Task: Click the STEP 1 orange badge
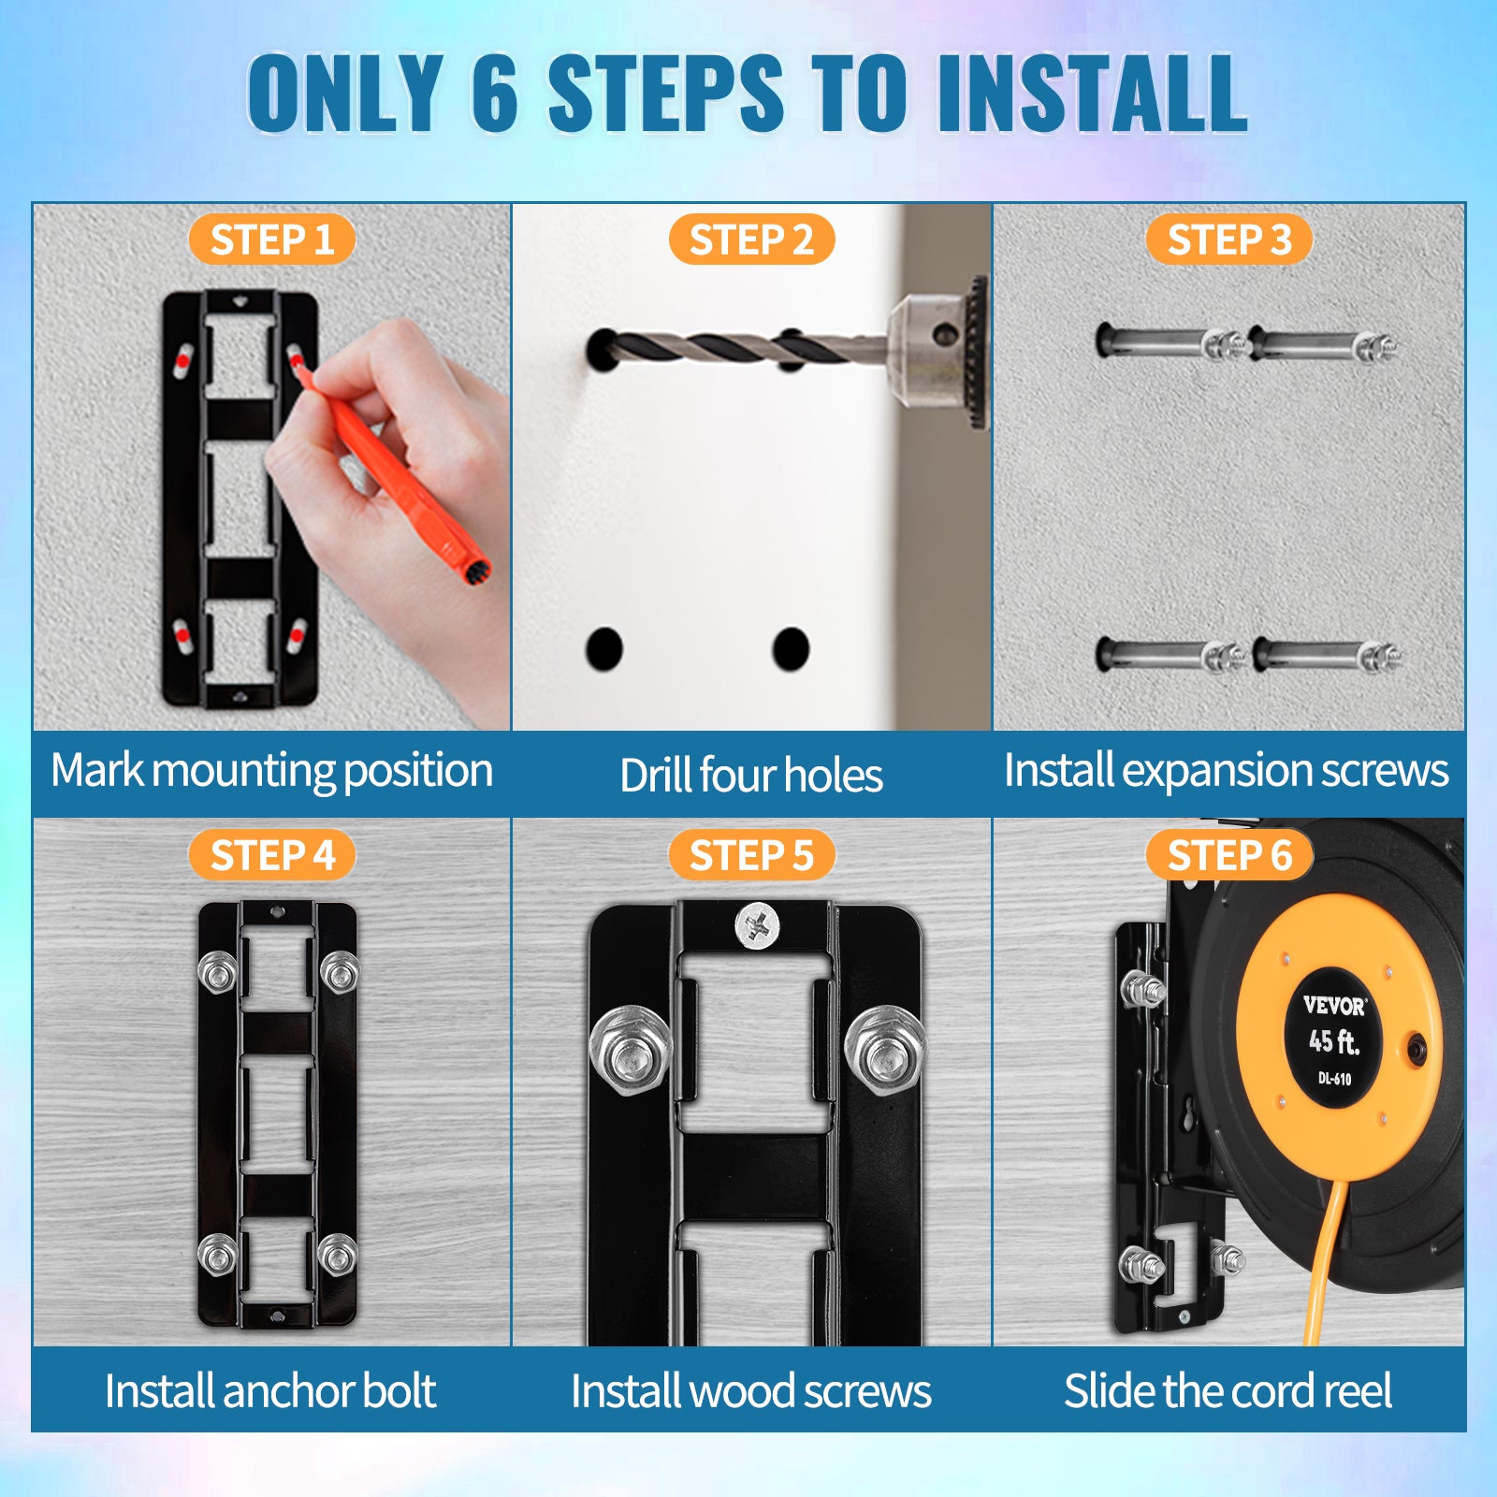click(271, 240)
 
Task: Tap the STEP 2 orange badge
click(751, 240)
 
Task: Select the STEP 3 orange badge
click(1228, 240)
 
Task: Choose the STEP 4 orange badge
click(271, 855)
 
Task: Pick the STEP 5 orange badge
click(751, 855)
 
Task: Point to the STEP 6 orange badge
click(1228, 855)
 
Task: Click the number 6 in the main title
click(495, 93)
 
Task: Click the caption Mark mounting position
click(271, 772)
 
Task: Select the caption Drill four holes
click(751, 776)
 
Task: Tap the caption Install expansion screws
click(1226, 772)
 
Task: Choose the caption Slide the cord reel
click(1228, 1391)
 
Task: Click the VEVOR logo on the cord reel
click(1335, 1006)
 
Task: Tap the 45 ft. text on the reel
click(1333, 1040)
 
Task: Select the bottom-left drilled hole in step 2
click(604, 648)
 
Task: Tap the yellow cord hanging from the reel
click(1328, 1263)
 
